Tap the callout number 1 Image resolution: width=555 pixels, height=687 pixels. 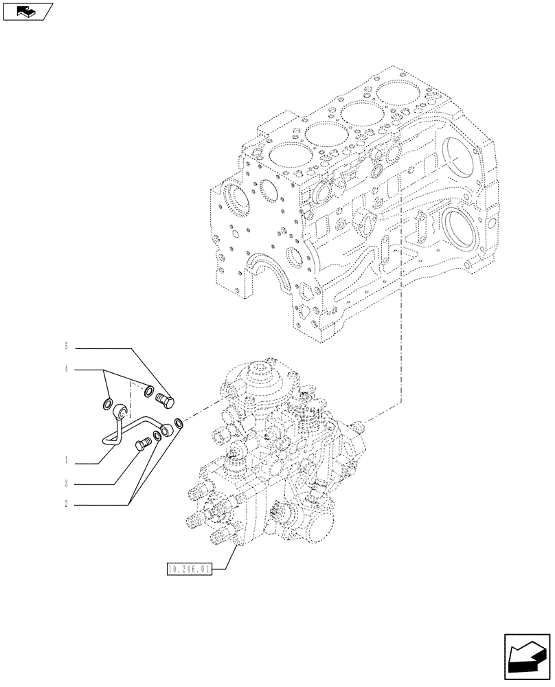[67, 460]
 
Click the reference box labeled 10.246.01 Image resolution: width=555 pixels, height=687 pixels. [190, 569]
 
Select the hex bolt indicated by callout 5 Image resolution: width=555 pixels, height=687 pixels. [166, 398]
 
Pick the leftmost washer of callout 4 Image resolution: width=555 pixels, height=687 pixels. [108, 403]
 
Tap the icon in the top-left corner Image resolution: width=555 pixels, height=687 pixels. [27, 11]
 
